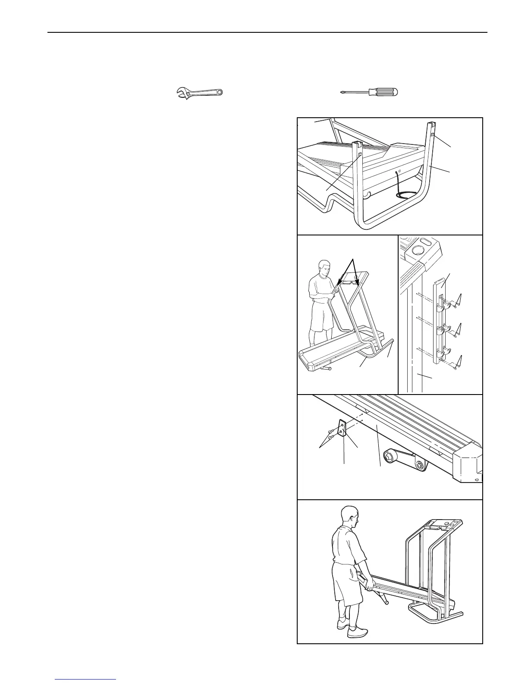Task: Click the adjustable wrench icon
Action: click(x=201, y=93)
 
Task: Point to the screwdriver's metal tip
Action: click(x=343, y=92)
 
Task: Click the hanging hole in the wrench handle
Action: click(x=220, y=92)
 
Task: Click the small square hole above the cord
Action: click(x=399, y=171)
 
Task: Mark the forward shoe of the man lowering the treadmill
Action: click(x=358, y=632)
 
